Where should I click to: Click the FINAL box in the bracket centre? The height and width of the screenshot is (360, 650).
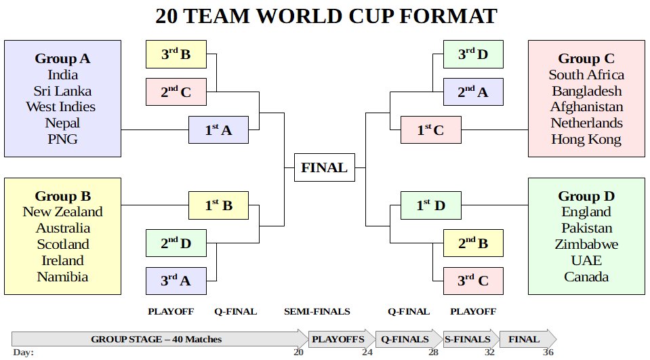pos(324,167)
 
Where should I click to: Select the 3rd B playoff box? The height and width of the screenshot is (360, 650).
pos(176,54)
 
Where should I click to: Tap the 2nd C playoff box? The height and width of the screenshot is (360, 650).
pos(176,92)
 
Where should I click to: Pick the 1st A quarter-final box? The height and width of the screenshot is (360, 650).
pos(218,129)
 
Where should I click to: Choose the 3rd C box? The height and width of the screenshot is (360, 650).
pos(473,280)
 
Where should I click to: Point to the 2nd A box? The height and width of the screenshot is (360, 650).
pos(473,92)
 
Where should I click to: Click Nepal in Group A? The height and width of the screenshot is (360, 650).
pos(62,123)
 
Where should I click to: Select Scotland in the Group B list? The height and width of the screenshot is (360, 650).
pos(62,244)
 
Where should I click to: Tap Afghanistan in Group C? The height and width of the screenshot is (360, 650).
pos(586,107)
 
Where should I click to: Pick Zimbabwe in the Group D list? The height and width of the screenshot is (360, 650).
pos(586,244)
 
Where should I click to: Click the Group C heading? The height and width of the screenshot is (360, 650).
pos(586,58)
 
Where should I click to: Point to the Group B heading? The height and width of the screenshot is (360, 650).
pos(62,197)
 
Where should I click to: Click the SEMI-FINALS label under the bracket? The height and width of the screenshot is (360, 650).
pos(317,312)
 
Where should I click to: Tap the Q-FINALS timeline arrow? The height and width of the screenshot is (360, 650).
pos(405,339)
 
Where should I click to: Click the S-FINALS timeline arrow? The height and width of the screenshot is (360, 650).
pos(468,339)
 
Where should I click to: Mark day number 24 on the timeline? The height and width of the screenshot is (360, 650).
pos(367,352)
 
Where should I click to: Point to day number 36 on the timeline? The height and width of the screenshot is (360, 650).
pos(548,352)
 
